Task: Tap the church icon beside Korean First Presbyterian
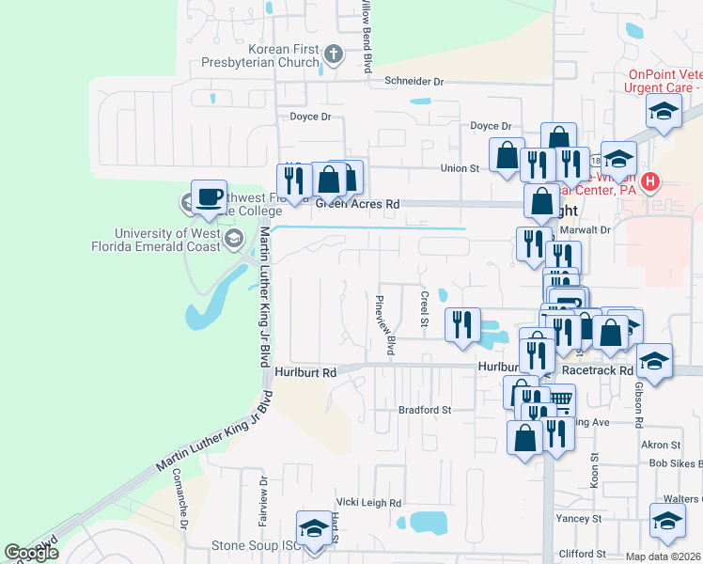pos(332,55)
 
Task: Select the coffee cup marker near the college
pos(209,197)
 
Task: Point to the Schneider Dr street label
pos(414,82)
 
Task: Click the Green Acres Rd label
pos(357,203)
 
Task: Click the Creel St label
pos(425,309)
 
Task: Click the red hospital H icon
pos(650,181)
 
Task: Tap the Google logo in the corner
pos(31,553)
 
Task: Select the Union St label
pos(461,168)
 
